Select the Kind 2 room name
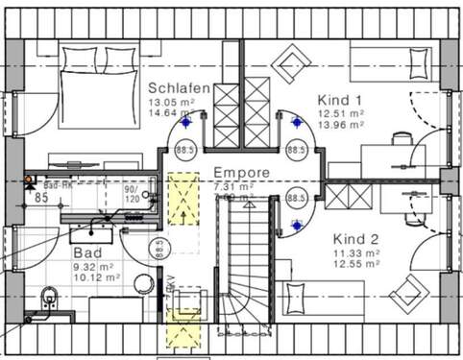click(x=355, y=238)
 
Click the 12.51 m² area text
click(x=339, y=112)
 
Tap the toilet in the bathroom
click(x=47, y=304)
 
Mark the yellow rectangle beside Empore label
click(x=179, y=198)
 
